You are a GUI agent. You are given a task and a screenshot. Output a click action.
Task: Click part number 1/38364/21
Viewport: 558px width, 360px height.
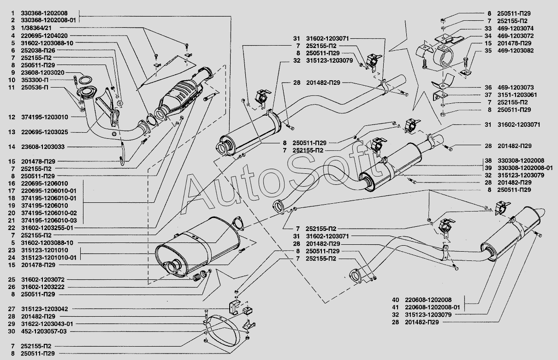point(36,28)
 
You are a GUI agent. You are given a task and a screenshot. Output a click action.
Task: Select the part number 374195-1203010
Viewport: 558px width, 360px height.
point(44,117)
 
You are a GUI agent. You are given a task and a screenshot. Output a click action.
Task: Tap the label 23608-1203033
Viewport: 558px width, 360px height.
point(42,147)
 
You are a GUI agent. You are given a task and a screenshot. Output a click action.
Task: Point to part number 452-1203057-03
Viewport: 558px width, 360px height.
point(44,331)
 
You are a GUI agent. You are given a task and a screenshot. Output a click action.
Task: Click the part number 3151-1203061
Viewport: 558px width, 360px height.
point(517,95)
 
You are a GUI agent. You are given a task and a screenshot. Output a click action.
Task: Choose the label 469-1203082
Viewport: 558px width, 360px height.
point(516,51)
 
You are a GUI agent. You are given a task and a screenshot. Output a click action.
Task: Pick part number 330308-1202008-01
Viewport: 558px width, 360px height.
point(525,168)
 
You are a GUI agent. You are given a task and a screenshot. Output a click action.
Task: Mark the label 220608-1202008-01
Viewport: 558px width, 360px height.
point(433,307)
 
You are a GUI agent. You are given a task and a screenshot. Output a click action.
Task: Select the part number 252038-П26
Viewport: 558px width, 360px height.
point(38,50)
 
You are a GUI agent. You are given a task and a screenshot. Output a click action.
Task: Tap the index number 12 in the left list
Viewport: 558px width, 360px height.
point(12,117)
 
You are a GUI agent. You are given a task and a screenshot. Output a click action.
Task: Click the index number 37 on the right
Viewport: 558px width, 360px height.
point(488,95)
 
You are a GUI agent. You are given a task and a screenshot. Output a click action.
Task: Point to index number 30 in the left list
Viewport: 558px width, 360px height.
point(12,331)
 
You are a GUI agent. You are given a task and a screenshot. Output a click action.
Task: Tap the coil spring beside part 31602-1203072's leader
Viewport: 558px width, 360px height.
point(197,277)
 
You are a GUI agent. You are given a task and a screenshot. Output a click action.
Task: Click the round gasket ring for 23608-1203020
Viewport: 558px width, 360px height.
point(85,80)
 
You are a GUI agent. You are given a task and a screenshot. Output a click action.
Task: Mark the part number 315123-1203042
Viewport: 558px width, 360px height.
point(44,309)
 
